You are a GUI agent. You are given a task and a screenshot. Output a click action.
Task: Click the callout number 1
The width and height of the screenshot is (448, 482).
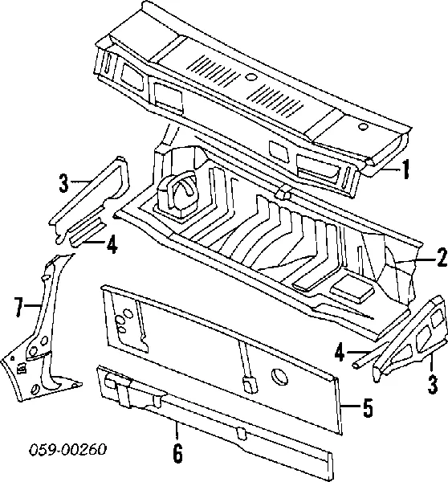(406, 169)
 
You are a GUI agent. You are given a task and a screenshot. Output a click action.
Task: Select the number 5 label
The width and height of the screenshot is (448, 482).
(368, 407)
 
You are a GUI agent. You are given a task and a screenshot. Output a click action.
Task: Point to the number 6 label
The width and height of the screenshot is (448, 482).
(177, 452)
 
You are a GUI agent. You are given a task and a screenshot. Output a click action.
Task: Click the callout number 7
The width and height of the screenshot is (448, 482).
(19, 307)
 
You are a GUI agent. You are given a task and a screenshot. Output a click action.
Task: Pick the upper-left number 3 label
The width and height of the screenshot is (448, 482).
(63, 182)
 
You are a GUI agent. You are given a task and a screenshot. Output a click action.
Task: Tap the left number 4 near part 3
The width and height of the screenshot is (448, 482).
(112, 243)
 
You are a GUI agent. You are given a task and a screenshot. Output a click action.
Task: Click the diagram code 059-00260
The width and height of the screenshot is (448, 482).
(68, 450)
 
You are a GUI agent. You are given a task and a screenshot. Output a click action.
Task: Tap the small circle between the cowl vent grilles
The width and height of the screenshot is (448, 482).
(251, 77)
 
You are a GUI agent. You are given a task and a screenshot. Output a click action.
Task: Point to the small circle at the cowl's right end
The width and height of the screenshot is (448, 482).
(363, 127)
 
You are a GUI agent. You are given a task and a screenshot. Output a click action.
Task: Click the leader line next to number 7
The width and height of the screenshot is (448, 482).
(34, 305)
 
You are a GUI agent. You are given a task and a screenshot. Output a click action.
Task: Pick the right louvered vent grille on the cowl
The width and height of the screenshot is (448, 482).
(276, 101)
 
